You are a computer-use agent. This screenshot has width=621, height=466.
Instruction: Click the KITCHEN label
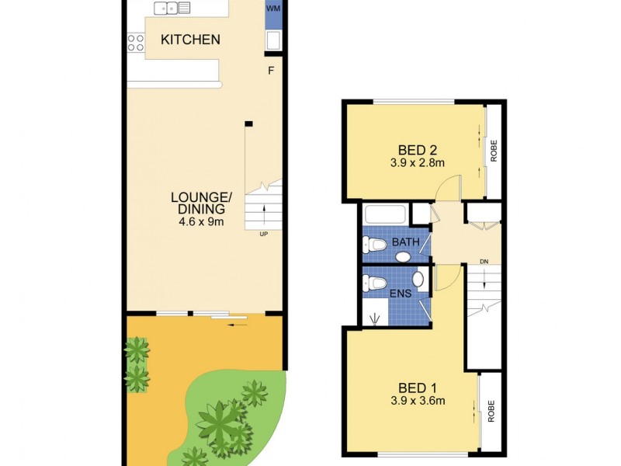click(190, 40)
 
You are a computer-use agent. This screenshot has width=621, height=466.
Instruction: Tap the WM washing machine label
click(273, 9)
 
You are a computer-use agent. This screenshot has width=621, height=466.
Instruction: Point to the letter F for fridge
click(271, 71)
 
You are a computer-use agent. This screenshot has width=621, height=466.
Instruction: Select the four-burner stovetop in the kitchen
click(136, 43)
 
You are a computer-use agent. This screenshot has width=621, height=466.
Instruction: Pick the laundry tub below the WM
click(273, 40)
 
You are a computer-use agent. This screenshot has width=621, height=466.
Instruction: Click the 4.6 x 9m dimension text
click(198, 221)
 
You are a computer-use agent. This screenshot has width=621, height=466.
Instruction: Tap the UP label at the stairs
click(264, 233)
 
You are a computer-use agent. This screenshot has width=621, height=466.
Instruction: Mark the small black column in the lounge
click(248, 123)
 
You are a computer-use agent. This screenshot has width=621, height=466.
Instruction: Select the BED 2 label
click(412, 150)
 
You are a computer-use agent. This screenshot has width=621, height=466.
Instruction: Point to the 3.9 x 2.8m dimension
click(417, 163)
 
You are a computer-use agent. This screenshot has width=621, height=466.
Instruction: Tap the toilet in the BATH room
click(374, 245)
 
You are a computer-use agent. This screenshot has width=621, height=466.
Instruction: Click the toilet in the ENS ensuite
click(375, 283)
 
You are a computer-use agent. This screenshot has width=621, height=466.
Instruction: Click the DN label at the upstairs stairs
click(484, 261)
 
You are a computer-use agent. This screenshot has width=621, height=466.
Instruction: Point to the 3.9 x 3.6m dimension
click(417, 402)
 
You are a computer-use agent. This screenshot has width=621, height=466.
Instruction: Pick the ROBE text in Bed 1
click(491, 412)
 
